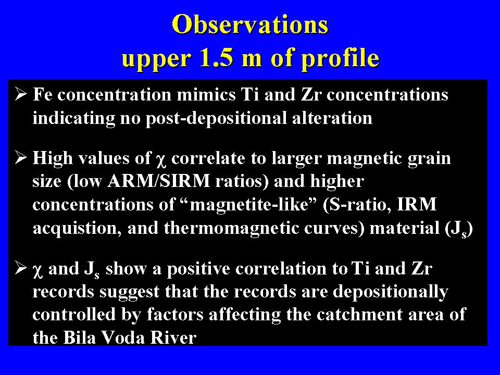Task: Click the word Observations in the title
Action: tap(250, 24)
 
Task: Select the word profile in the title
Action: tap(340, 59)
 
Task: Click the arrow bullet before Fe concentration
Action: tap(21, 94)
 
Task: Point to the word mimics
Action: tap(206, 94)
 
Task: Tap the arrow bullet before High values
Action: tap(21, 157)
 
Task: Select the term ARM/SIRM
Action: tap(158, 181)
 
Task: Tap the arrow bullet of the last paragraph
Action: tap(21, 268)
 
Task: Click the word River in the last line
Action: tap(173, 337)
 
